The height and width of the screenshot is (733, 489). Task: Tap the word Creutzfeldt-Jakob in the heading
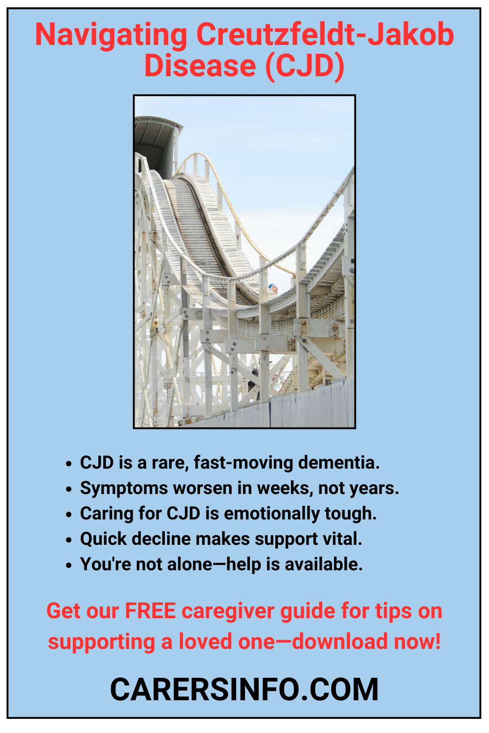325,35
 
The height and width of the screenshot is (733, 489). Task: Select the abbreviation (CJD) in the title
305,66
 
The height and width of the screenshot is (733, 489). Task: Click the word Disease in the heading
200,65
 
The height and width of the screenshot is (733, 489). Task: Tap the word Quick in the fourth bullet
103,539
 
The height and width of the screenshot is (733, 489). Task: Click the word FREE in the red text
150,611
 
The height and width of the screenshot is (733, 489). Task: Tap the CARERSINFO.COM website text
244,690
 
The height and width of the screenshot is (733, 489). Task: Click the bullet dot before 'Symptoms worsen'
68,489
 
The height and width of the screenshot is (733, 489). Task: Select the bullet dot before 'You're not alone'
68,565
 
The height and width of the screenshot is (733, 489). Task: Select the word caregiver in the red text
228,611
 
